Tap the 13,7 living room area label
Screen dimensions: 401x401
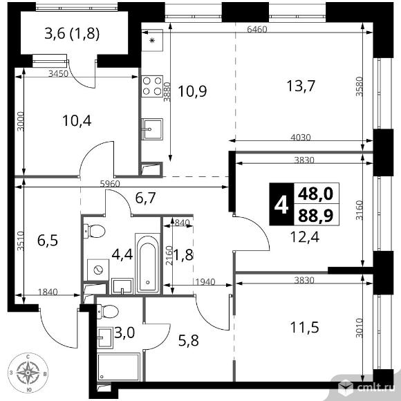click(301, 86)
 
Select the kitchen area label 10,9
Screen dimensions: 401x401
click(192, 91)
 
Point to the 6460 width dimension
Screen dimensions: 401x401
click(257, 30)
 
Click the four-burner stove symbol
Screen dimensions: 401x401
click(152, 86)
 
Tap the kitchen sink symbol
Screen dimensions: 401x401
click(152, 129)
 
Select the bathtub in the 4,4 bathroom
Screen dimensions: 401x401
click(147, 263)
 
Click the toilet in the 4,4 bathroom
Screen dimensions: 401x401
click(94, 231)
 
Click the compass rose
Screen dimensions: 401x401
click(28, 373)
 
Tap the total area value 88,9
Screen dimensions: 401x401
click(315, 216)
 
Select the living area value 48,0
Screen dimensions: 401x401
click(315, 194)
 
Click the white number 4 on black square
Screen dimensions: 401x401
click(281, 205)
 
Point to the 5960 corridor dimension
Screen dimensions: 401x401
click(110, 184)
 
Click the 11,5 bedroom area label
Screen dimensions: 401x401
click(305, 328)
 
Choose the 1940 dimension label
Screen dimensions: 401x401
click(205, 282)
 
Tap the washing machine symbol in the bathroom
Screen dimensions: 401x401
click(98, 270)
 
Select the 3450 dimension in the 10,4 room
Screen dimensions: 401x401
click(59, 74)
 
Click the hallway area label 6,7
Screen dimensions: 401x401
click(145, 198)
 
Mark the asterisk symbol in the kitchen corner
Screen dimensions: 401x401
click(152, 40)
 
